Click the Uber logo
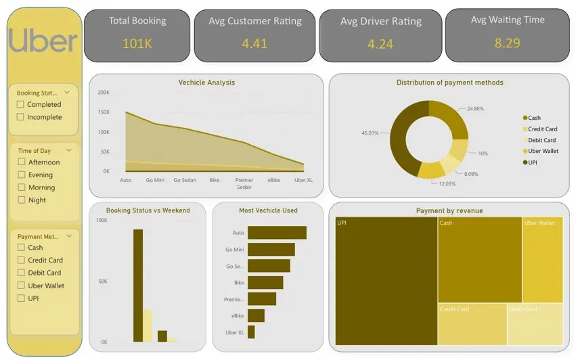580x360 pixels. tap(43, 41)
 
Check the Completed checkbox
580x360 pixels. tap(22, 104)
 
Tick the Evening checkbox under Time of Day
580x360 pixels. tap(22, 175)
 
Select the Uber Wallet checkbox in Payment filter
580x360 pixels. tap(22, 286)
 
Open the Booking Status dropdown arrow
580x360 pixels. tap(67, 93)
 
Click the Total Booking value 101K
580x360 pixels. tap(137, 44)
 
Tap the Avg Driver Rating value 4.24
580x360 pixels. tap(380, 44)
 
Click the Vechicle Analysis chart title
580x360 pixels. tap(206, 83)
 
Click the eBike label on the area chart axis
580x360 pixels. tap(273, 181)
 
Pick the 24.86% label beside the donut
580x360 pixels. tap(476, 108)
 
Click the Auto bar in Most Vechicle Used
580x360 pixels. tap(277, 233)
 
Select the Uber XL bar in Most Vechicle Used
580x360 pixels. tap(251, 332)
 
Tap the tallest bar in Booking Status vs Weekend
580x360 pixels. tap(138, 285)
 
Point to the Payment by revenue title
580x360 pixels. tap(449, 210)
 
